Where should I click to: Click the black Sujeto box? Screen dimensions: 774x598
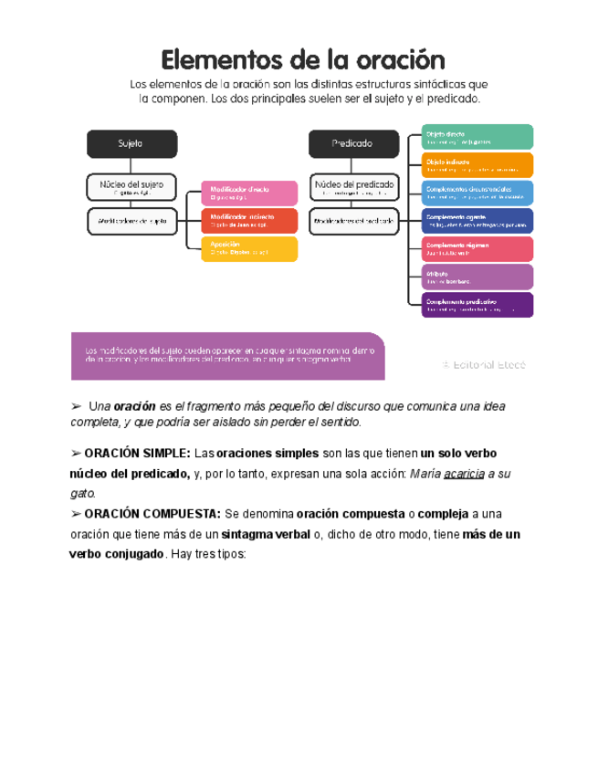coord(132,143)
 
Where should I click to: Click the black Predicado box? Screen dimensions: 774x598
coord(353,143)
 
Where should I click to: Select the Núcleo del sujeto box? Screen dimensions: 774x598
coord(132,187)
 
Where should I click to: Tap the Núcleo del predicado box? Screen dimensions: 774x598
coord(354,187)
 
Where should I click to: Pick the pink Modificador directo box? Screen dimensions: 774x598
coord(249,193)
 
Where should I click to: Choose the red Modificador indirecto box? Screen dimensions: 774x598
coord(249,221)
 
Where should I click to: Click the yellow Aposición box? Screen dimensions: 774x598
coord(249,248)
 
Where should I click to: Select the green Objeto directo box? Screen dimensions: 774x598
coord(477,137)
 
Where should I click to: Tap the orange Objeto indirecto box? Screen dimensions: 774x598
coord(477,164)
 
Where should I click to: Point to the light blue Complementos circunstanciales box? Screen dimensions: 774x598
coord(477,193)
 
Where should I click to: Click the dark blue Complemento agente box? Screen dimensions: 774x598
coord(477,221)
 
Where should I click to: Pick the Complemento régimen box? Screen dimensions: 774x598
coord(477,248)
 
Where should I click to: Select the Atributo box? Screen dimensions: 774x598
coord(477,277)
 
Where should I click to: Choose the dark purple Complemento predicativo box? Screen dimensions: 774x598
coord(477,305)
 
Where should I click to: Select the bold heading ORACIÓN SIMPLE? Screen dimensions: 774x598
coord(136,454)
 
